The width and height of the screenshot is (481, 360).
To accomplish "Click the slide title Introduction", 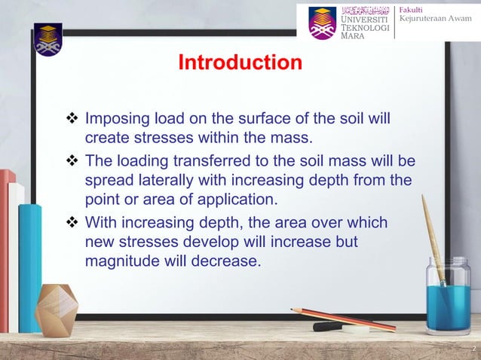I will coord(240,63).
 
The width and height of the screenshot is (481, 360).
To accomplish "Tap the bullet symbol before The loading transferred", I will coord(73,163).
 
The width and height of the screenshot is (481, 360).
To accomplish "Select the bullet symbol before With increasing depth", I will coord(73,224).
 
